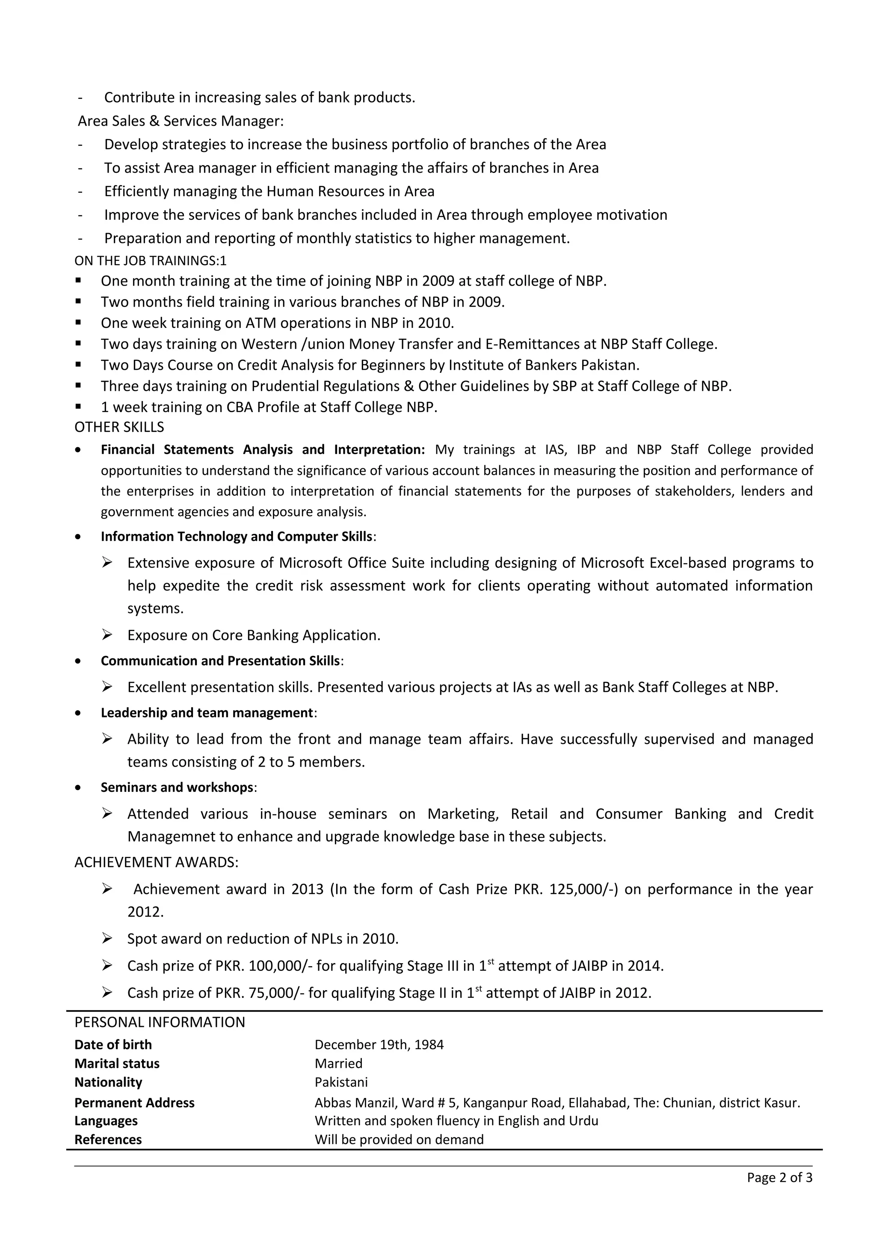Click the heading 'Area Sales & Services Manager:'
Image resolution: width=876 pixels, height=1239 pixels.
click(180, 121)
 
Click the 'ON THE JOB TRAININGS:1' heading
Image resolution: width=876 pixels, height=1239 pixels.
click(150, 261)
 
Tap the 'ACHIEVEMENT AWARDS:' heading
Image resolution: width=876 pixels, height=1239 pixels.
click(156, 862)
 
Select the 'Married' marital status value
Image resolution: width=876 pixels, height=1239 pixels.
click(338, 1064)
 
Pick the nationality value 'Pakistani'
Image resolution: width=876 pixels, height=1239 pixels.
click(341, 1082)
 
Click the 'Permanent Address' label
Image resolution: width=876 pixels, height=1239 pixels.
click(134, 1103)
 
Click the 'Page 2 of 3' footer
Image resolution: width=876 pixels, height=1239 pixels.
click(779, 1177)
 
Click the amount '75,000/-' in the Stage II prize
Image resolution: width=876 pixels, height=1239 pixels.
click(276, 993)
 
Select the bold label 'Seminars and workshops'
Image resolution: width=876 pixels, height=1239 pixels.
click(177, 788)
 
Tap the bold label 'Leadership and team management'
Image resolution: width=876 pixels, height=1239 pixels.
click(207, 713)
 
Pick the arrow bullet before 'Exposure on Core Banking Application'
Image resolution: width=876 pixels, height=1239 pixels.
click(107, 634)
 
